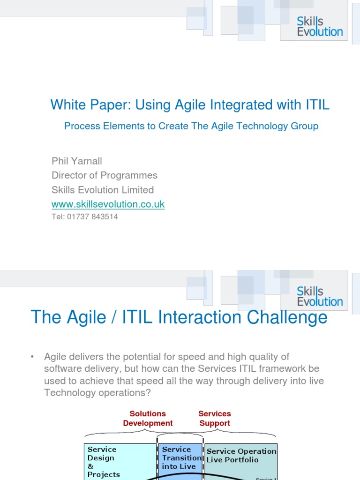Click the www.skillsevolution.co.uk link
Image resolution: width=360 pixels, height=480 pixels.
(x=108, y=204)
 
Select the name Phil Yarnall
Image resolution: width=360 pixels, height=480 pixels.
(x=77, y=161)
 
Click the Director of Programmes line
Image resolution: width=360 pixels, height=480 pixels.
(x=105, y=175)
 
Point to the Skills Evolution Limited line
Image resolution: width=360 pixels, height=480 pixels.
(x=103, y=190)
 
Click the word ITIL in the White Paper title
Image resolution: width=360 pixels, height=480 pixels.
(x=317, y=105)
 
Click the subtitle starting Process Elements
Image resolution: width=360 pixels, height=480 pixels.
(x=191, y=126)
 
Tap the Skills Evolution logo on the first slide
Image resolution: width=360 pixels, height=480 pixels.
(x=320, y=26)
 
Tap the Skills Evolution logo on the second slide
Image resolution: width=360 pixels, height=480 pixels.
(x=320, y=296)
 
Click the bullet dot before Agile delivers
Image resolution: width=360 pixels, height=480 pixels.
(x=32, y=357)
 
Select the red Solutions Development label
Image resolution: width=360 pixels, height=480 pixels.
(x=148, y=418)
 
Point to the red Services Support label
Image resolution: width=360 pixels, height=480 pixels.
(x=215, y=418)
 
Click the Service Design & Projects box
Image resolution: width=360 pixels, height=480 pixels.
(x=120, y=462)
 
